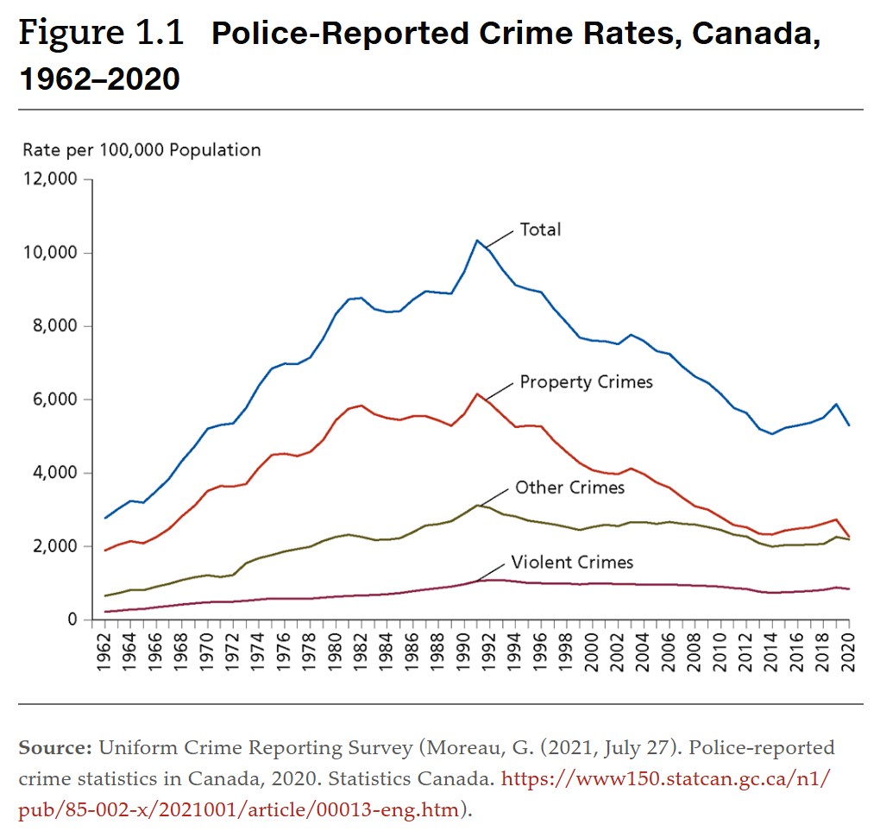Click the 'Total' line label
point(540,230)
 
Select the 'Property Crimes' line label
point(586,381)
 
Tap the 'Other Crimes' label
point(569,488)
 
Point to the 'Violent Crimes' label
point(572,563)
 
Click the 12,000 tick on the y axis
point(49,179)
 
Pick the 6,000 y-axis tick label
point(53,400)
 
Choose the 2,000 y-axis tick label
point(53,546)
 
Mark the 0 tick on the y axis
point(72,620)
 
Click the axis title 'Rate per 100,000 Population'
point(141,150)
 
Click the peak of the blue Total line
point(477,240)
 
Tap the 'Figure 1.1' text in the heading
point(101,34)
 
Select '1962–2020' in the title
point(99,79)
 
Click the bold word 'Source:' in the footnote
point(55,747)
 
